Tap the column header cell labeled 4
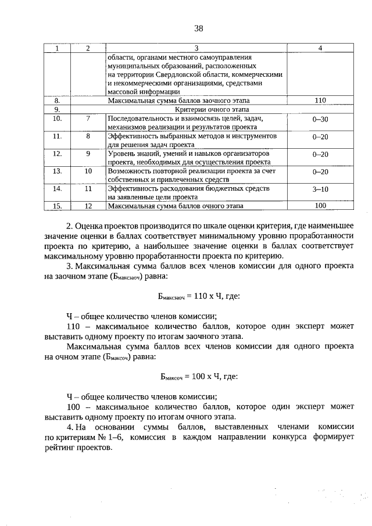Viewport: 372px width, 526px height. (x=320, y=48)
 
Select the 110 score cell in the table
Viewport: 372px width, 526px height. (x=320, y=100)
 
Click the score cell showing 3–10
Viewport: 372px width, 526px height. (x=320, y=189)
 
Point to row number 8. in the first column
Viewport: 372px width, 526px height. (x=57, y=100)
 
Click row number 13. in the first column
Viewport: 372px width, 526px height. (x=57, y=171)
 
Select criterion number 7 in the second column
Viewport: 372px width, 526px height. (x=88, y=118)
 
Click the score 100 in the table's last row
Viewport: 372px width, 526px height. (x=320, y=206)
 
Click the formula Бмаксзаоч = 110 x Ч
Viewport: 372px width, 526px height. (x=198, y=296)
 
